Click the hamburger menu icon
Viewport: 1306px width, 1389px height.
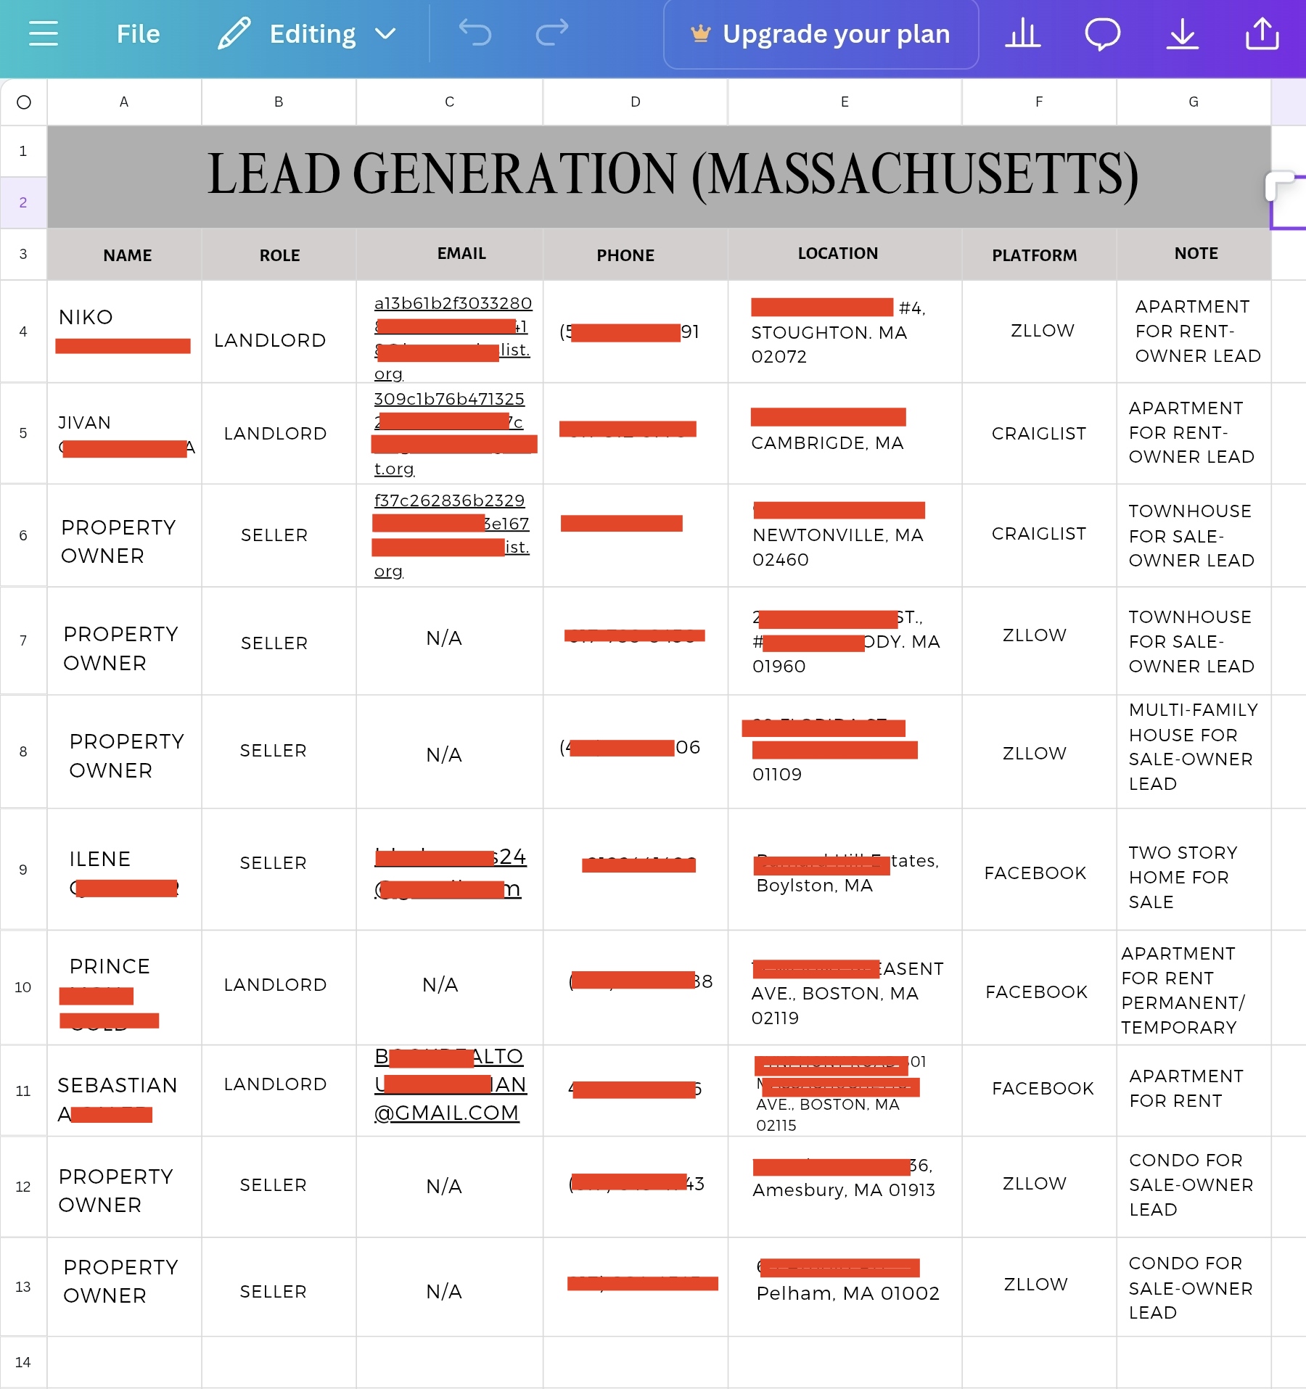44,33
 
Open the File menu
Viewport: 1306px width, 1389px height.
138,34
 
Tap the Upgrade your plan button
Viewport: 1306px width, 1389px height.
821,34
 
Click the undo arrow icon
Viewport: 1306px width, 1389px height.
475,33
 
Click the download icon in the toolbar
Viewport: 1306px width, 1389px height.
1182,34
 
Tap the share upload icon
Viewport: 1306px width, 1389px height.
1262,34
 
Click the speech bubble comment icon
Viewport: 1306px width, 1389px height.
1102,34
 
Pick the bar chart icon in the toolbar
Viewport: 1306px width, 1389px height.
1022,34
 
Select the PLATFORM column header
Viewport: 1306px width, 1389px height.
1034,255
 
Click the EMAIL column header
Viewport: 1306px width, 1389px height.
461,254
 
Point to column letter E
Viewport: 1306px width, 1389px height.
845,102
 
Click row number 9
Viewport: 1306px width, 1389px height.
23,870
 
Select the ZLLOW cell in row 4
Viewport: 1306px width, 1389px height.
1042,331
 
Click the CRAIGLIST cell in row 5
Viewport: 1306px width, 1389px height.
1038,434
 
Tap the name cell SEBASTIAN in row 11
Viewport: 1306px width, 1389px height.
118,1086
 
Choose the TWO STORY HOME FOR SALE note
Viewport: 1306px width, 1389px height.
1183,877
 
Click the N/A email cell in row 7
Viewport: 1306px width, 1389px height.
444,638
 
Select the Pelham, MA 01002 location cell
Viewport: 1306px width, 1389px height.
847,1293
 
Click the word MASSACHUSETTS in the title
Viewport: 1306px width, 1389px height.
914,176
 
